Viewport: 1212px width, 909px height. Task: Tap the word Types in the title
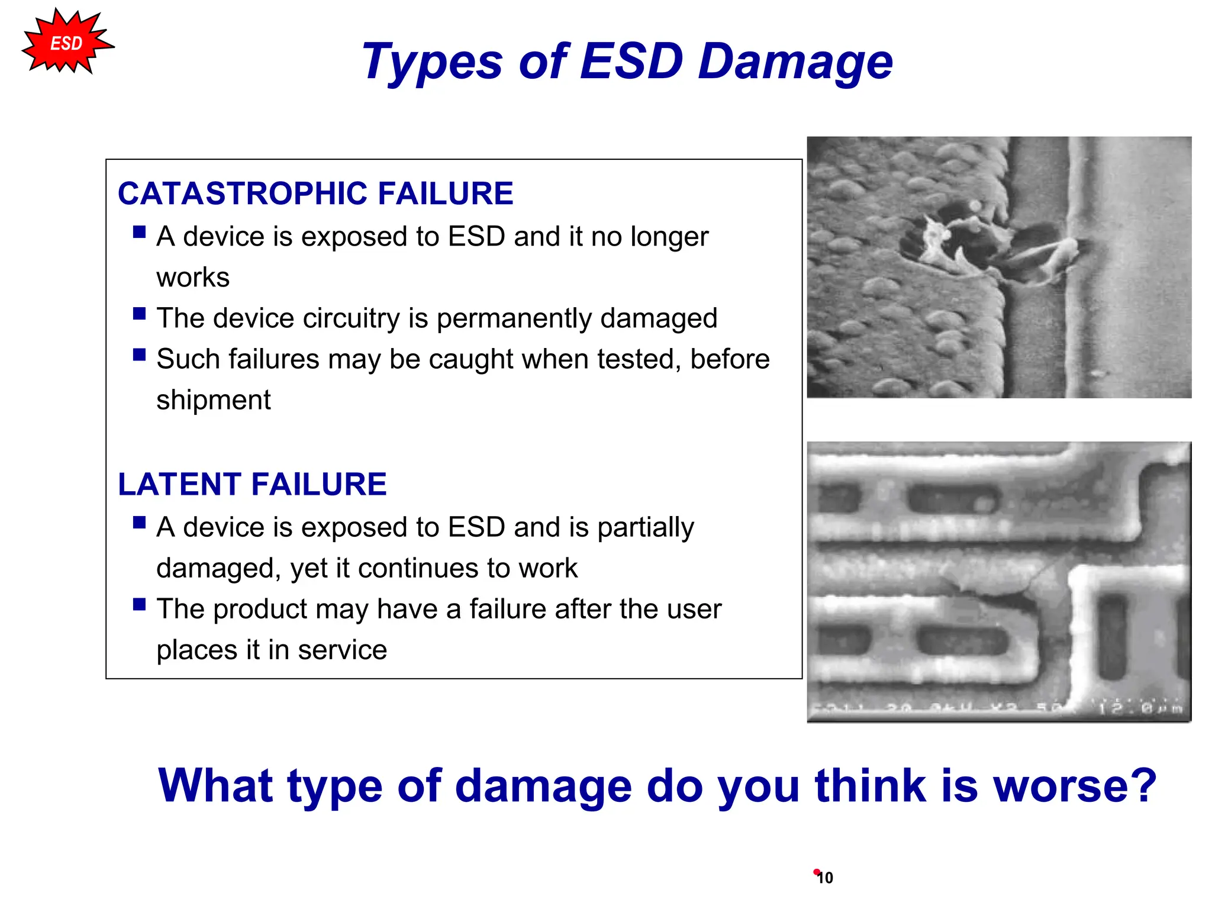(432, 63)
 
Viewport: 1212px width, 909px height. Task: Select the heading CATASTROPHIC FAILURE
(315, 194)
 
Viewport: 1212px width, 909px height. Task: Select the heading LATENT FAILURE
(252, 484)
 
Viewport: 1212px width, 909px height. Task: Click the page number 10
(825, 878)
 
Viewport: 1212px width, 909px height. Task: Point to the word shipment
(213, 400)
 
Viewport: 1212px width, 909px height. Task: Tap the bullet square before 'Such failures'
(140, 354)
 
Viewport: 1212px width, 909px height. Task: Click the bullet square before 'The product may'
(140, 604)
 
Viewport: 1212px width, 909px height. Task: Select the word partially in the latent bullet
(645, 527)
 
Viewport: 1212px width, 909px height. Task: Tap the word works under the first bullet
(193, 278)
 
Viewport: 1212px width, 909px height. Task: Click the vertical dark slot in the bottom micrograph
(1112, 636)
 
